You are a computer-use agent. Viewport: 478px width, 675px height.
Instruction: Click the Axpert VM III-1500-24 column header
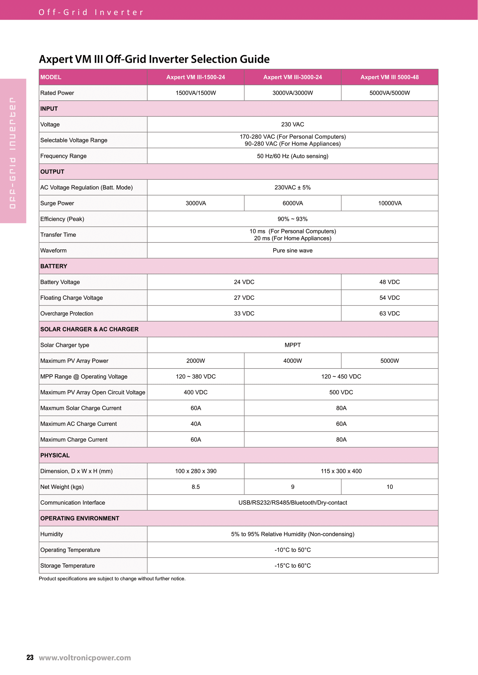(x=196, y=77)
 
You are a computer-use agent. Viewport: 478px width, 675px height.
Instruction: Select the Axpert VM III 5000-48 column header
(x=389, y=77)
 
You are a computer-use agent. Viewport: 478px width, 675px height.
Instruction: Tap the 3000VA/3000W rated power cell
(x=292, y=93)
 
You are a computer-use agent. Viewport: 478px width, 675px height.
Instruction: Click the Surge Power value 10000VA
(x=389, y=203)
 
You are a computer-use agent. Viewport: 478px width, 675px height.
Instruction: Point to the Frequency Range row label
(x=63, y=156)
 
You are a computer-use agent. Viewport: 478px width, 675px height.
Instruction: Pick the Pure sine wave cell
(x=292, y=250)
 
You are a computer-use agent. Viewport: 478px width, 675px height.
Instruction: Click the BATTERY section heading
(x=54, y=266)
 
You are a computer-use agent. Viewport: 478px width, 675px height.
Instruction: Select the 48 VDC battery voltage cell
(x=389, y=282)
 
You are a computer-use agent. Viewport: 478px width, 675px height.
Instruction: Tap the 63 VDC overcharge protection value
(x=389, y=313)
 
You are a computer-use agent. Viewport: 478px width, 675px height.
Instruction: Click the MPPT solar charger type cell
(x=292, y=345)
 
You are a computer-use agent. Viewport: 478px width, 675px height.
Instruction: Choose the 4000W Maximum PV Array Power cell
(x=292, y=361)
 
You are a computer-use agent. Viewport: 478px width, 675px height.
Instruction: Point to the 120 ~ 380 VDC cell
(x=196, y=377)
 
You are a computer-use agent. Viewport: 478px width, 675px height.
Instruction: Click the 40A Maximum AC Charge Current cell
(x=196, y=424)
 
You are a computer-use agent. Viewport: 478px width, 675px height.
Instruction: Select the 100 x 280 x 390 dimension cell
(x=196, y=471)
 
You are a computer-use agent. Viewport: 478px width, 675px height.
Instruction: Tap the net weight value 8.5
(x=196, y=487)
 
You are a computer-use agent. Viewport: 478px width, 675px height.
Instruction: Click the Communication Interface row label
(x=73, y=503)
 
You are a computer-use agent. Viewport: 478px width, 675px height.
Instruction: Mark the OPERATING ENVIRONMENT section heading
(x=80, y=518)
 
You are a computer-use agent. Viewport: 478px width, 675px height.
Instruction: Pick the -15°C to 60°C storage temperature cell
(x=292, y=566)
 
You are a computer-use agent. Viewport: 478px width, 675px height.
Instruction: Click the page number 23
(x=30, y=658)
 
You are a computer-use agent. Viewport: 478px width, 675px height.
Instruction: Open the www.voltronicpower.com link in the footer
(x=85, y=658)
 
